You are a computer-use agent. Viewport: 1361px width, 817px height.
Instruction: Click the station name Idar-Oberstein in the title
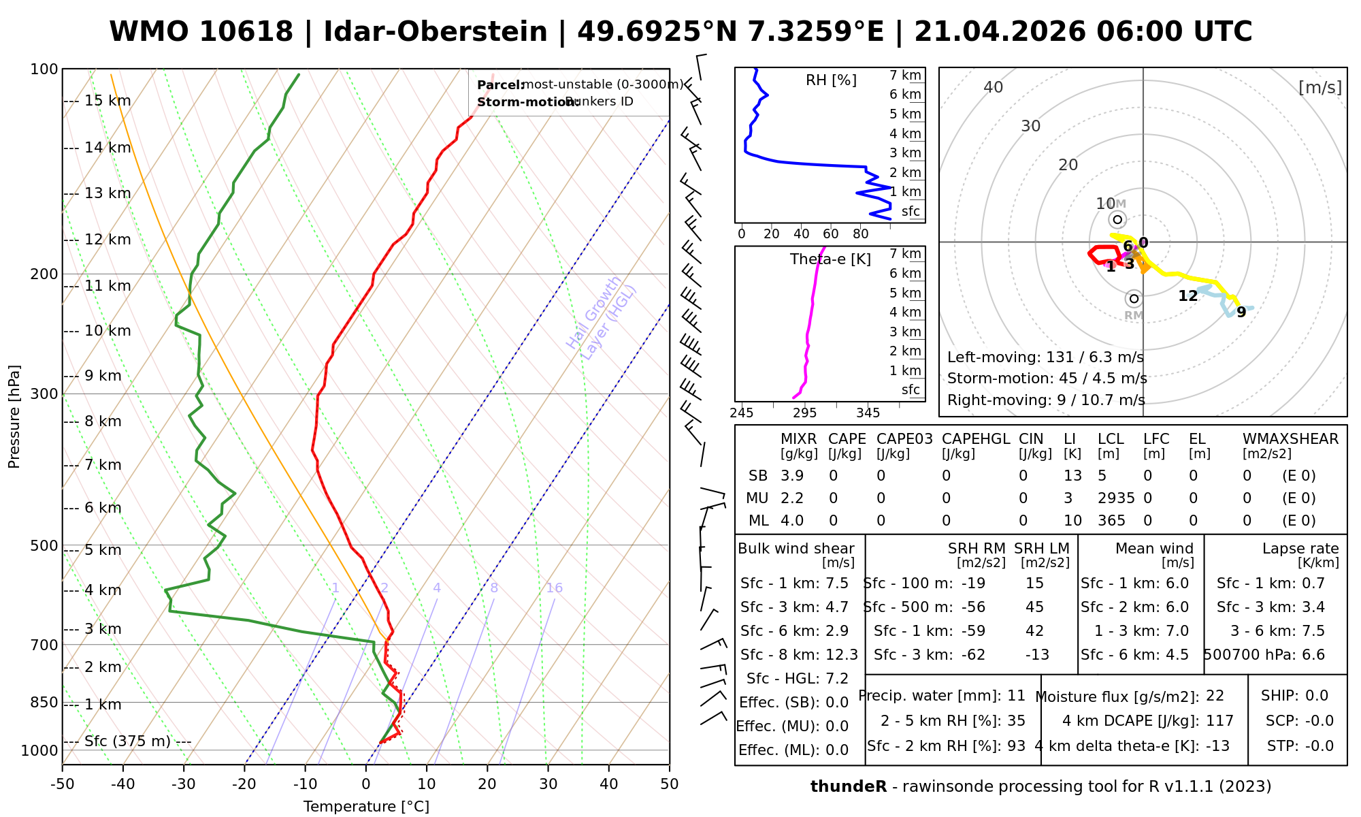(435, 32)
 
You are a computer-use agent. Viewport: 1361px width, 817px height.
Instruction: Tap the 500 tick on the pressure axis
(44, 545)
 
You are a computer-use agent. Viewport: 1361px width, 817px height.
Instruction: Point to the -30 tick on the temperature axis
(184, 784)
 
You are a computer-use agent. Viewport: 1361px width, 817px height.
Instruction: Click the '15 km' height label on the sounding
(108, 101)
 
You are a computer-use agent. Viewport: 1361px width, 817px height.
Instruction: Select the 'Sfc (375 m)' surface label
(127, 741)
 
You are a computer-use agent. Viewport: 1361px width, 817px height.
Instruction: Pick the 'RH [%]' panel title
(831, 80)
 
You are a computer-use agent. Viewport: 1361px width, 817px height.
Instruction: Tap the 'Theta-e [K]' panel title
(830, 259)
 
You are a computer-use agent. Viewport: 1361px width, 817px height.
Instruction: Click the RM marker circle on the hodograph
(1134, 299)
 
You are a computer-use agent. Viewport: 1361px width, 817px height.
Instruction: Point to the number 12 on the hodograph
(1187, 296)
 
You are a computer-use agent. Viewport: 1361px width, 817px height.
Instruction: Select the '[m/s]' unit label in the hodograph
(1319, 88)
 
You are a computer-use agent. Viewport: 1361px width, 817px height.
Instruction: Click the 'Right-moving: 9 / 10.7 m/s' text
(1046, 400)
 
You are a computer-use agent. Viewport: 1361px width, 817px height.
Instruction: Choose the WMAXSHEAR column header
(1290, 439)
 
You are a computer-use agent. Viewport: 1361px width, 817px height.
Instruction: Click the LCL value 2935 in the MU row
(1116, 498)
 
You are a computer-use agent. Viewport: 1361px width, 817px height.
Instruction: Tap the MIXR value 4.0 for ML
(792, 521)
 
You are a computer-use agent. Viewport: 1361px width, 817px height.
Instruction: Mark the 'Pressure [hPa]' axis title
(14, 417)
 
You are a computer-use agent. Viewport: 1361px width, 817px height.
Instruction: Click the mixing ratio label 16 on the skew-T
(554, 588)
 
